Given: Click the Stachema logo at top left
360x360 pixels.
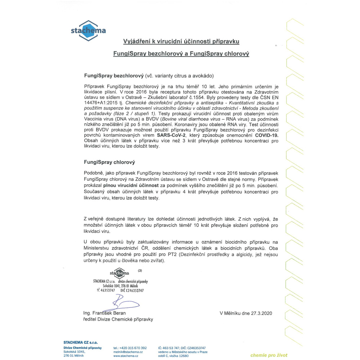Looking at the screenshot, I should pos(88,30).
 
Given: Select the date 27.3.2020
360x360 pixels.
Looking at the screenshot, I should pos(257,313).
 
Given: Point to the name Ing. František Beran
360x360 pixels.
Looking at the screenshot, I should pos(104,313).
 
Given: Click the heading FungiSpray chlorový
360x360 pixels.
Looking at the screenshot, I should pos(107,162).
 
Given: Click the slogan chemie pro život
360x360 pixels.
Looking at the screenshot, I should pos(269,355).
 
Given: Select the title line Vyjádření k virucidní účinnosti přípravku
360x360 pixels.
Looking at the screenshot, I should pos(181,41).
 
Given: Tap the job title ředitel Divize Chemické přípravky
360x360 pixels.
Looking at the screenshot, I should pos(118,319).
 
